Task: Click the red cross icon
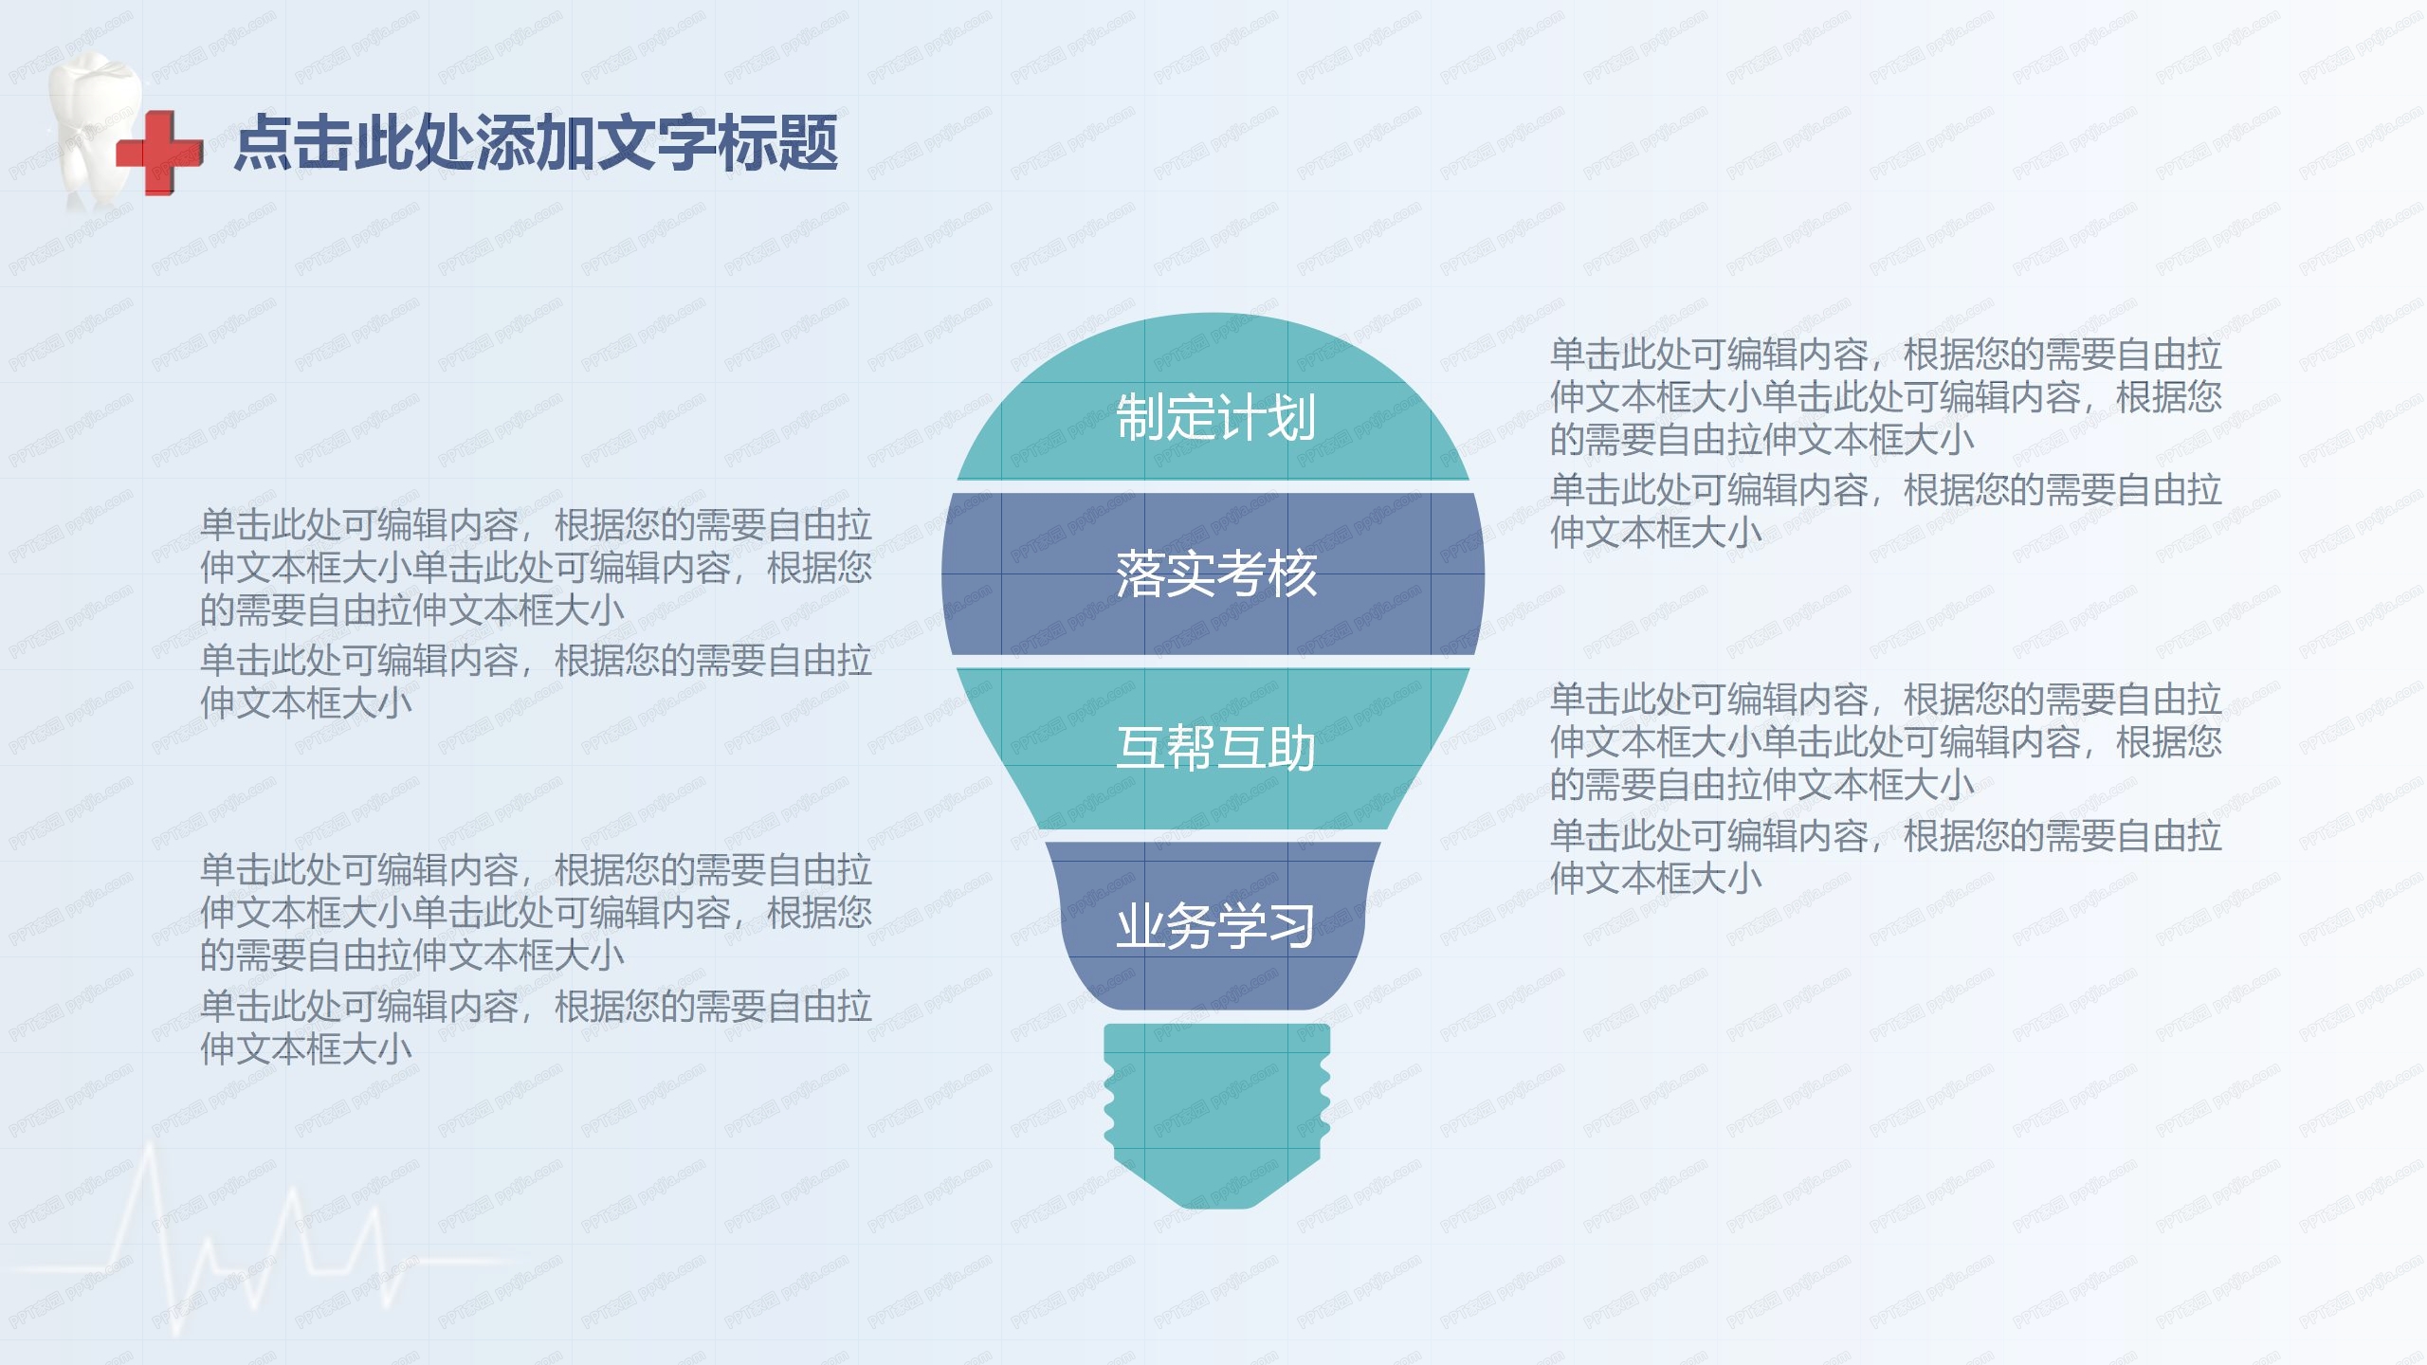(x=159, y=153)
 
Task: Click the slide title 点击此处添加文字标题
(x=536, y=143)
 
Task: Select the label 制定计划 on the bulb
(x=1215, y=417)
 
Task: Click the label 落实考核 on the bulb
(x=1215, y=574)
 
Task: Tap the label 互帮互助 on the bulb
(x=1215, y=749)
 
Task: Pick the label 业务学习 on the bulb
(x=1215, y=926)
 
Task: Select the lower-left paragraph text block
(x=536, y=958)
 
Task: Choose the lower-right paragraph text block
(x=1885, y=788)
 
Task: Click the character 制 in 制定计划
(x=1141, y=417)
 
